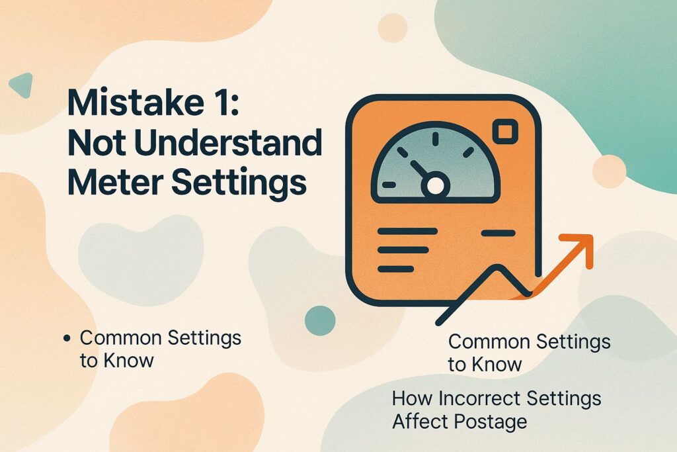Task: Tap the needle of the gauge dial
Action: [418, 170]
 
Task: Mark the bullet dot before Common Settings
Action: [67, 339]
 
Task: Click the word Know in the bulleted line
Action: [130, 361]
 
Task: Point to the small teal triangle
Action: [21, 84]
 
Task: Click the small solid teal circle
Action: [320, 321]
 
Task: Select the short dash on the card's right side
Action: [497, 232]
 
